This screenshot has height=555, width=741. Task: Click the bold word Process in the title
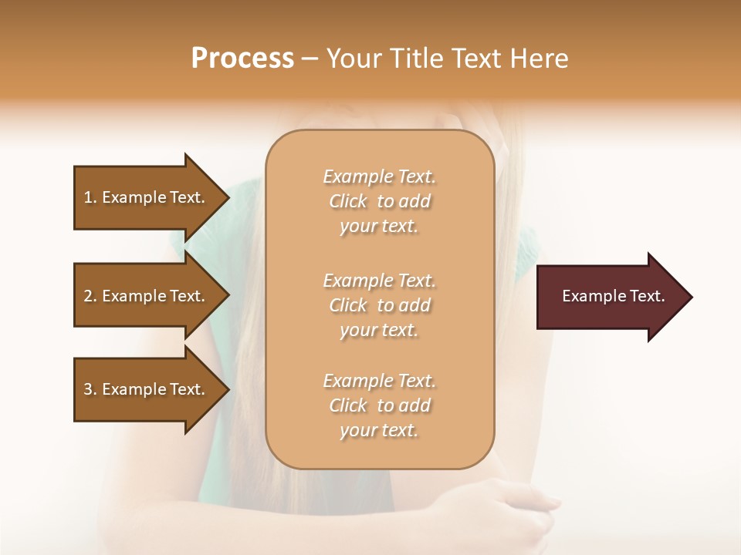[x=242, y=59]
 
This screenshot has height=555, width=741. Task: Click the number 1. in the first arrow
[x=90, y=197]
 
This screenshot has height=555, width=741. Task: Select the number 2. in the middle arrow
[x=90, y=296]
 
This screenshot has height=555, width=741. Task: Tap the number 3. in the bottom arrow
[x=90, y=389]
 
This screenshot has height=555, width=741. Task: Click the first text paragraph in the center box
[x=379, y=201]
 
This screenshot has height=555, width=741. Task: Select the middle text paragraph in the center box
[x=379, y=305]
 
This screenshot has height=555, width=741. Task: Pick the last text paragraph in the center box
[x=379, y=405]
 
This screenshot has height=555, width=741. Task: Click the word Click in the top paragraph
[x=348, y=201]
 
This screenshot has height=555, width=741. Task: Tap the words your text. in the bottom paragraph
[x=379, y=430]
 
